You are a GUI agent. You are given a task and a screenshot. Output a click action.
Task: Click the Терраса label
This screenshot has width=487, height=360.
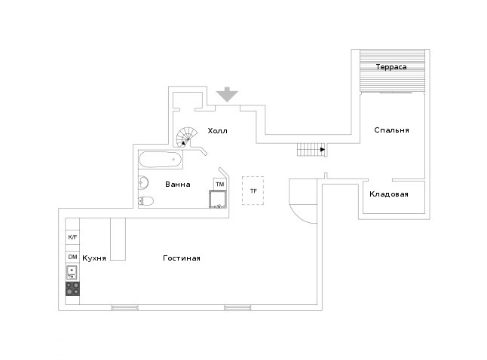point(391,67)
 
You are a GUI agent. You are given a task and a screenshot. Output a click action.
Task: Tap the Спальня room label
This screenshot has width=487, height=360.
point(391,130)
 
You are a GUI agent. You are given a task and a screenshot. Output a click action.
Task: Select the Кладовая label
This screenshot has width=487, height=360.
point(389,194)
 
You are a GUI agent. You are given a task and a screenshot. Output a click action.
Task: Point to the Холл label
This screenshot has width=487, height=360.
point(217,131)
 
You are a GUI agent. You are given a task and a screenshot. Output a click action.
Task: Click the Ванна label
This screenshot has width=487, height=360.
point(178,185)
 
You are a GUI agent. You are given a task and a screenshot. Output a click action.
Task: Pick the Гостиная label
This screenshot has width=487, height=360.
point(182,258)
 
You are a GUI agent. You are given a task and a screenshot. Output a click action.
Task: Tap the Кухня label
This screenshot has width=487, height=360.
point(94,258)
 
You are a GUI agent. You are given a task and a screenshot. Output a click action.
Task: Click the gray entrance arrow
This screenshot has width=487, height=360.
point(228,94)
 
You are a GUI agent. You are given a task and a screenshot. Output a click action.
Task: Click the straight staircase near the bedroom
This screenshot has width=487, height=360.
point(311,150)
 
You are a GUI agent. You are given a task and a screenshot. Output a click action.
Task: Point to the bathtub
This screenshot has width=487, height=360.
point(160,160)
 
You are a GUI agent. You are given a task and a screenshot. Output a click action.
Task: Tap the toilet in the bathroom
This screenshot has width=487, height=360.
point(145,201)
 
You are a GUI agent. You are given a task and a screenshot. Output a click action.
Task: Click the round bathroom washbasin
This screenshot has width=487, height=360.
point(143,183)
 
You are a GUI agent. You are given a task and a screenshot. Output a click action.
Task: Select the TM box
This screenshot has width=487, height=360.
point(220,185)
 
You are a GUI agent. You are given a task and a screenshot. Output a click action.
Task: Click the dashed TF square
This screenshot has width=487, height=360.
point(253,191)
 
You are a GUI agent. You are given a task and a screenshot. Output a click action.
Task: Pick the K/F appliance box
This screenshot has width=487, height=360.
point(72,237)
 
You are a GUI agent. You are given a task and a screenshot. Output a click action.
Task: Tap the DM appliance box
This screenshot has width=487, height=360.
point(72,257)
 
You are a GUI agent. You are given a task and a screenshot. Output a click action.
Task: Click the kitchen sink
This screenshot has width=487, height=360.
point(72,273)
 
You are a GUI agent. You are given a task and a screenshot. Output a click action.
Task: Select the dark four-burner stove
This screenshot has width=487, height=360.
point(72,288)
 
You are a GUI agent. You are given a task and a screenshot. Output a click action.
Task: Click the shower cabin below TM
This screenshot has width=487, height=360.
point(218,200)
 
